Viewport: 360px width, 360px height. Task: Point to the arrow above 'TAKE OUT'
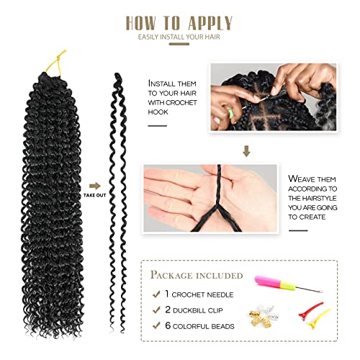coord(91,184)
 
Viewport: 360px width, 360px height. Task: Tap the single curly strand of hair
coord(119,202)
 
